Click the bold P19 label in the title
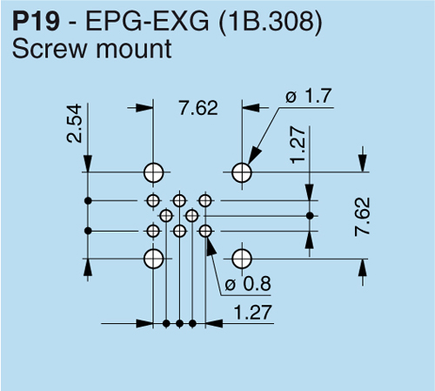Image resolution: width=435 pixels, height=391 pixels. point(36,22)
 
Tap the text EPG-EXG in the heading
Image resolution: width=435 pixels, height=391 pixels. point(147,22)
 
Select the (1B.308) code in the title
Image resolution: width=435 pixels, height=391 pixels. point(271,23)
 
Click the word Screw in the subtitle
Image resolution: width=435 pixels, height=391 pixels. point(50,49)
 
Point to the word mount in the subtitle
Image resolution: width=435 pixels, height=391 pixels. point(134,49)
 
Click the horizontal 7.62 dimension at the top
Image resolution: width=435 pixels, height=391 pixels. point(198,108)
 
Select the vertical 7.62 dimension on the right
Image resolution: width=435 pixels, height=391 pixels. point(363,217)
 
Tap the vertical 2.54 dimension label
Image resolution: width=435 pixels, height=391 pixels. point(74,124)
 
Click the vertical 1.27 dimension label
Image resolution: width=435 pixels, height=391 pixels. point(298,145)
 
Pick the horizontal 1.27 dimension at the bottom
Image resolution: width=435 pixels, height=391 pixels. point(252,313)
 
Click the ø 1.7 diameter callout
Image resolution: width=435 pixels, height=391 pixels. point(308,97)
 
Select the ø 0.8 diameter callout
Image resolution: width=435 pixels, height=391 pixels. point(248,284)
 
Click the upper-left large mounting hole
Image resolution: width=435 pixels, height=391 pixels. point(154,172)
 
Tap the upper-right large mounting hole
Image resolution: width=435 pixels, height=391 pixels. point(242,172)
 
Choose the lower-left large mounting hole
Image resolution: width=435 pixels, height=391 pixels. point(154,259)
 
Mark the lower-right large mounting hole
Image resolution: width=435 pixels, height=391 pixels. point(242,259)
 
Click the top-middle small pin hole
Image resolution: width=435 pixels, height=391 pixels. point(179,200)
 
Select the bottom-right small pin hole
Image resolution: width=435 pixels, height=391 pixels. point(205,231)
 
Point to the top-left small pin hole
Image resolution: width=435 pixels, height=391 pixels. point(153,200)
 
